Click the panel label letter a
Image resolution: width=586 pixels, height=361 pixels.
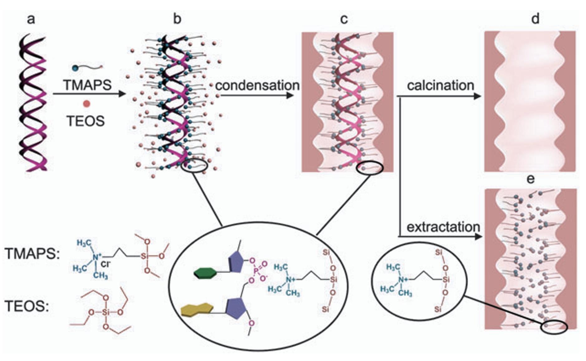(x=31, y=19)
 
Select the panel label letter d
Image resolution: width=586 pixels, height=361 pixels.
(x=535, y=19)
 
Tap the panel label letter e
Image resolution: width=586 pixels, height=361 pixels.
(x=530, y=179)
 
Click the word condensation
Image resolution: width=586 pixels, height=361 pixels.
(x=257, y=85)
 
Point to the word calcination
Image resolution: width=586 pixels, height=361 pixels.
(x=440, y=85)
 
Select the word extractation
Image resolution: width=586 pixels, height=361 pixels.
(x=443, y=227)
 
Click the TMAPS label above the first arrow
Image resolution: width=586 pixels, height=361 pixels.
(x=87, y=85)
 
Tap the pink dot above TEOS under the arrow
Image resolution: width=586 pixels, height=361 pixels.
(x=86, y=104)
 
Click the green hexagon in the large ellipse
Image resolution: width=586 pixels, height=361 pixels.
(x=205, y=273)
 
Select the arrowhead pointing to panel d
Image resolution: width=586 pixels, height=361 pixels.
(x=477, y=96)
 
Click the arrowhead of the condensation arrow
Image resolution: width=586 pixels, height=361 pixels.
(x=290, y=95)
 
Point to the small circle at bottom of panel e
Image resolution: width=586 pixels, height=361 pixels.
(x=554, y=327)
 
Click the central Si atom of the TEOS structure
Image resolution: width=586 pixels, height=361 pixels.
(x=105, y=312)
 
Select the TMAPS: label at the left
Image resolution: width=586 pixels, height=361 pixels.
(x=32, y=254)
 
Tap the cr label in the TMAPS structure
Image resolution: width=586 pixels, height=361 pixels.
(x=106, y=264)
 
